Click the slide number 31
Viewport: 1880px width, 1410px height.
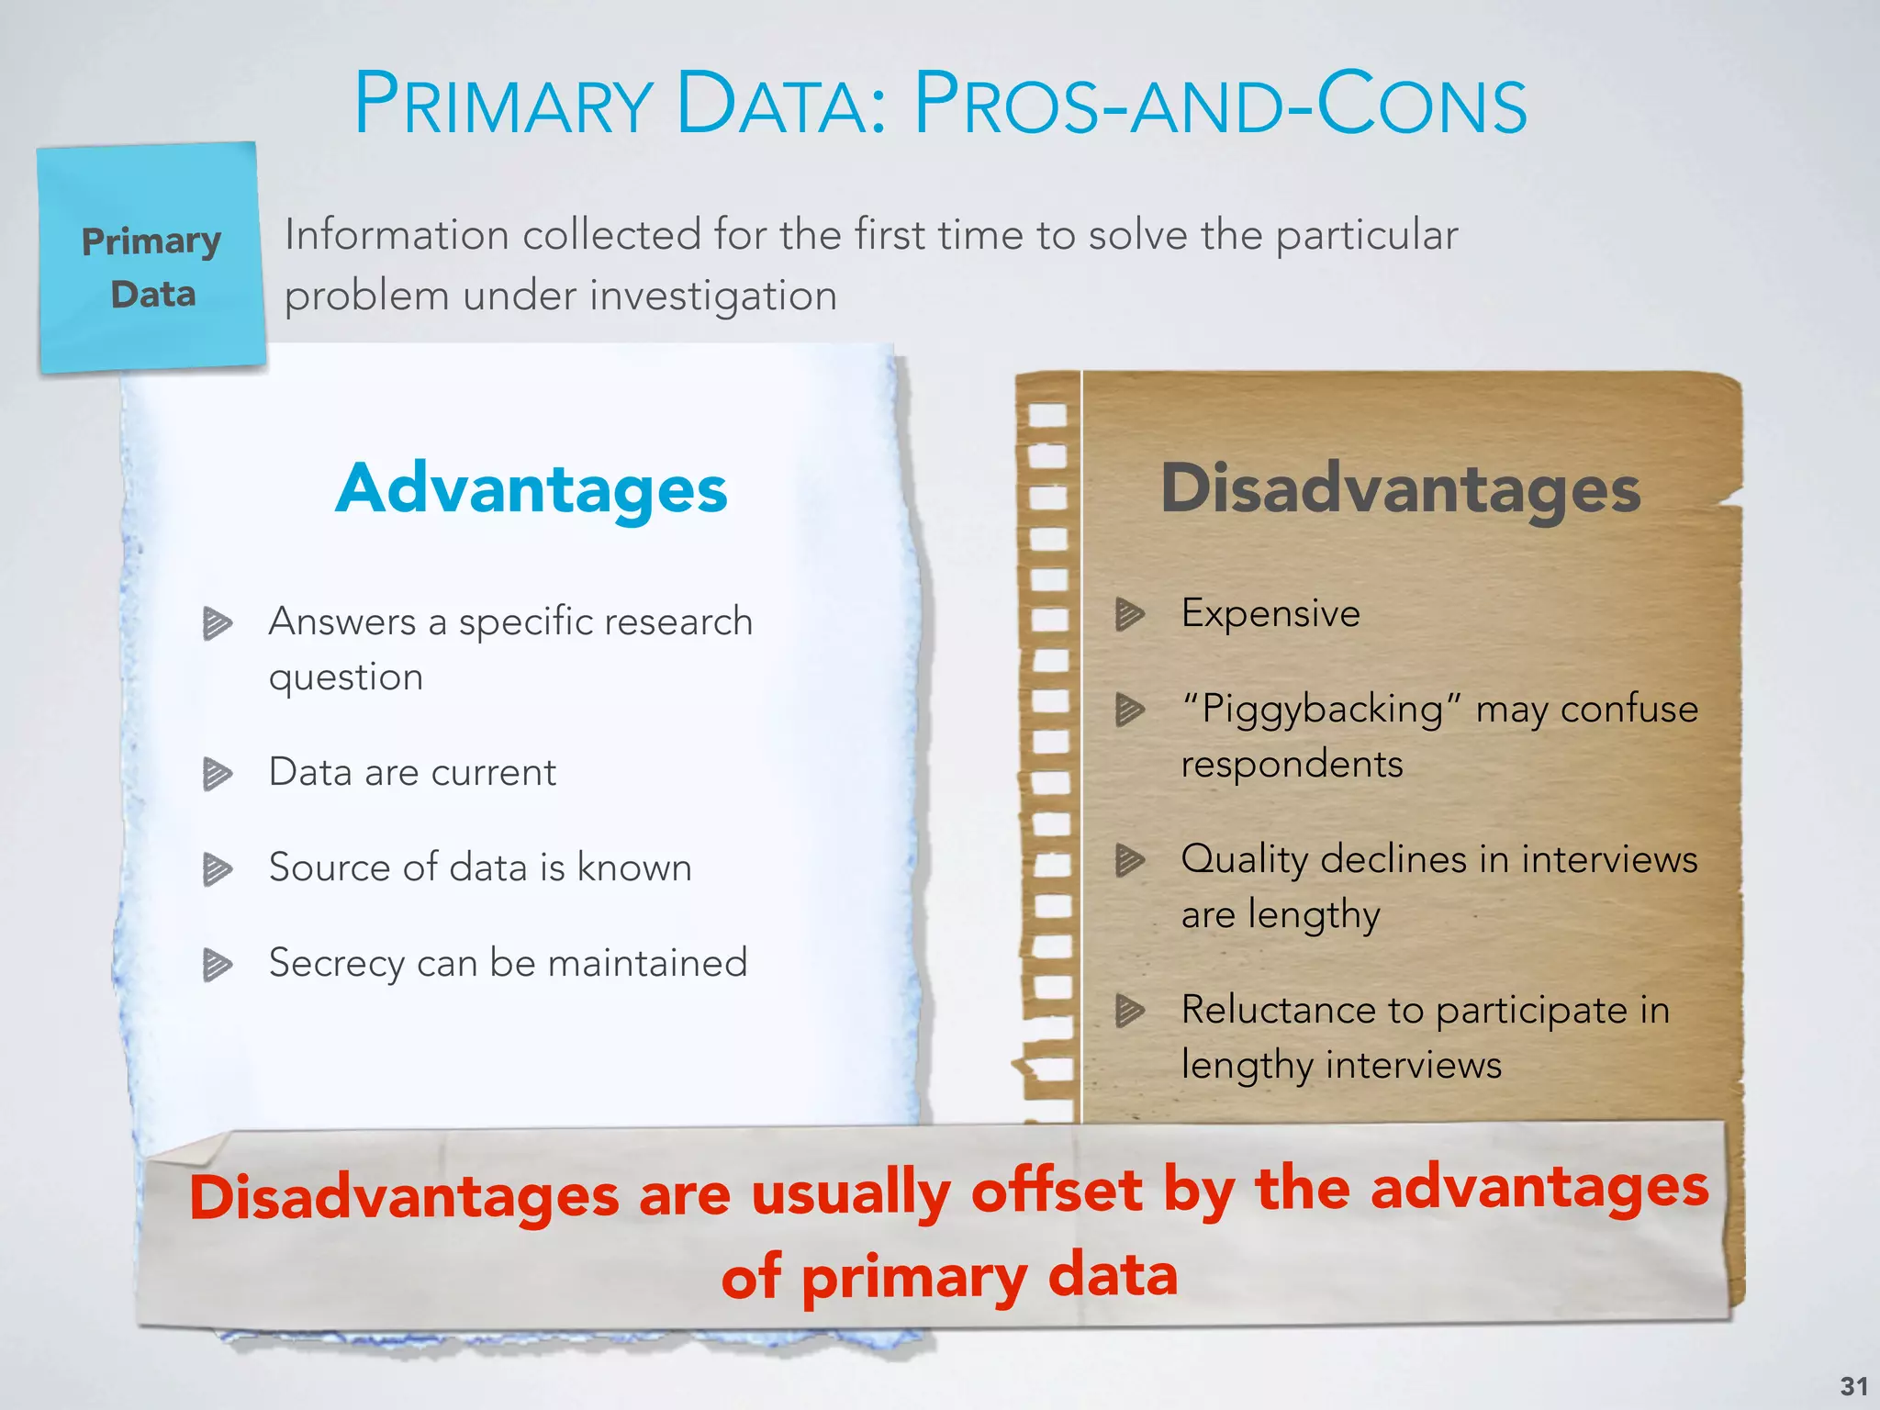[x=1853, y=1386]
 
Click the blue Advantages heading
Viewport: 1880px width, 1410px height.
[x=532, y=489]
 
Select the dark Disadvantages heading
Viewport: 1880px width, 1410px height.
[x=1400, y=489]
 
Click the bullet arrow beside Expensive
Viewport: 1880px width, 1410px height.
[x=1130, y=614]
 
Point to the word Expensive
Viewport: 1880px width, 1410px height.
[x=1270, y=613]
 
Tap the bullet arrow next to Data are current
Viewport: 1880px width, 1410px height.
[x=218, y=774]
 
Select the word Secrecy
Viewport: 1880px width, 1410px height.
[x=336, y=964]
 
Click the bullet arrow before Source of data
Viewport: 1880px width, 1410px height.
[x=218, y=869]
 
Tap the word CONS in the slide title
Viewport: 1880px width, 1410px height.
[x=1422, y=105]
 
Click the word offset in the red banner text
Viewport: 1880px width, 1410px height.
[x=1057, y=1191]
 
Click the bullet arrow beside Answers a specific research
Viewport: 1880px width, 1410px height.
[x=218, y=623]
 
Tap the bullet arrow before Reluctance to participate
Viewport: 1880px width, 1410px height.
[x=1130, y=1011]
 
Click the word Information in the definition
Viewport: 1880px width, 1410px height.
[x=397, y=235]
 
